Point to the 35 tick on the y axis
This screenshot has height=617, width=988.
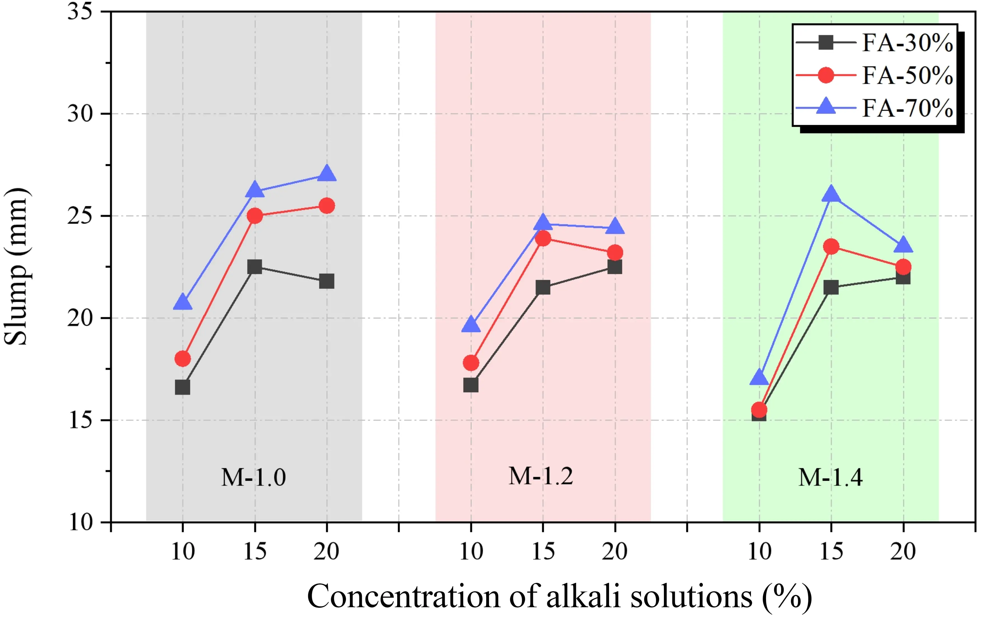pos(80,11)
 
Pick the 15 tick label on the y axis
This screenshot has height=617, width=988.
pos(80,420)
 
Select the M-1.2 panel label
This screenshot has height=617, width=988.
pos(541,476)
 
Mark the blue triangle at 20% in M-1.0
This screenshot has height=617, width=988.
pos(326,174)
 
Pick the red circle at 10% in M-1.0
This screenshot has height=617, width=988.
pos(182,359)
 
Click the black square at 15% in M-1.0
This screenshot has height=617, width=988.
pos(255,267)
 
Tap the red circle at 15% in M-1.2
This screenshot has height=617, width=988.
pos(543,238)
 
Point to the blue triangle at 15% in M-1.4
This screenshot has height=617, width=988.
pos(831,194)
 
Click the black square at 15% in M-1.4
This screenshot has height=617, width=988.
pos(831,287)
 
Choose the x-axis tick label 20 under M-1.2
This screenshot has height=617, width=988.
pos(615,552)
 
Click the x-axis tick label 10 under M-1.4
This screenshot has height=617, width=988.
pos(759,552)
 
